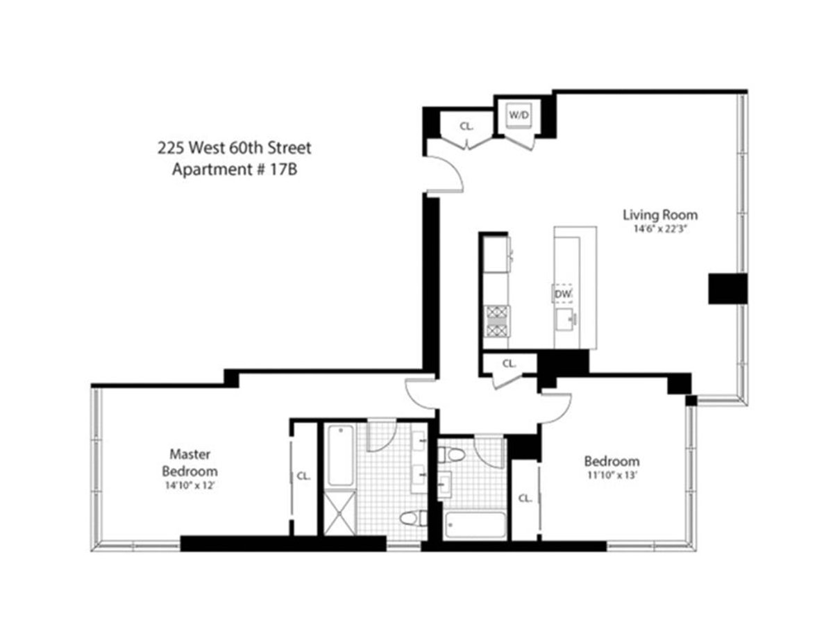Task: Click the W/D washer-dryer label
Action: coord(519,115)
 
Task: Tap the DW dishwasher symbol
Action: coord(563,295)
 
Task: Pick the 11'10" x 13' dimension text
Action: coord(611,476)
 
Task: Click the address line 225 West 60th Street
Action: coord(235,148)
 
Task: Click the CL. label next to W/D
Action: coord(466,126)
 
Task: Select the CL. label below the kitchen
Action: coord(509,363)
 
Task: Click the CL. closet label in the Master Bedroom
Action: coord(303,476)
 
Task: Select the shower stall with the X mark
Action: coord(341,512)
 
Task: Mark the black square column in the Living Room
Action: coord(727,288)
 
